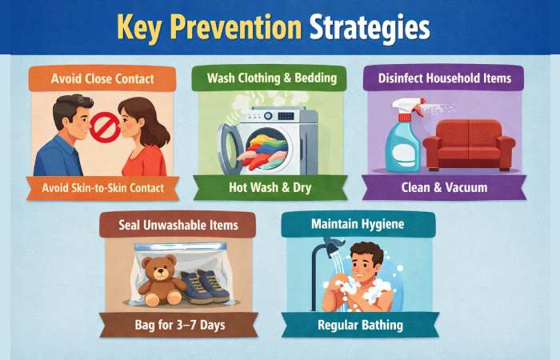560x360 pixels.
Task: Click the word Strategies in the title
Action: click(x=370, y=26)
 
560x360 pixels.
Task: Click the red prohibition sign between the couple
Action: click(x=105, y=126)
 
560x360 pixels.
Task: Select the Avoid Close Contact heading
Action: click(x=102, y=79)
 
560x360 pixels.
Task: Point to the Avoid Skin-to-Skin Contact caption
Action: click(x=102, y=189)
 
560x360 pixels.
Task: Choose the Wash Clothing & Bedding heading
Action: click(x=271, y=78)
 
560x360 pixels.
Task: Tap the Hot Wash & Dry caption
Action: click(x=271, y=189)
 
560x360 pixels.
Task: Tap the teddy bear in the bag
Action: click(x=161, y=279)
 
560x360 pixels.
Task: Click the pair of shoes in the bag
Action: click(x=206, y=286)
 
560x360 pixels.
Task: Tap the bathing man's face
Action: click(x=369, y=263)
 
